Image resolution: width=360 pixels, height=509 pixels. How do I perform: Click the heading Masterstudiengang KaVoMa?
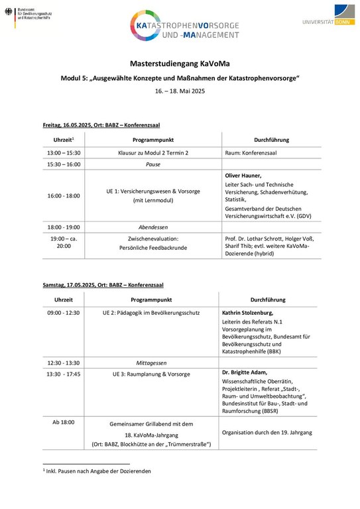coord(180,64)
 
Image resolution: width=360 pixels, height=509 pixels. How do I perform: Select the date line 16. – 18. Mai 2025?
coord(180,91)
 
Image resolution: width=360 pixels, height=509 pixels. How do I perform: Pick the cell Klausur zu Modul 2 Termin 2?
coord(152,152)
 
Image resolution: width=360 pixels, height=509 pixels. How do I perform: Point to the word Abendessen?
coord(152,227)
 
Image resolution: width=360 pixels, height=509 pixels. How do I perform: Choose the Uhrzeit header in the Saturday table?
coord(64,300)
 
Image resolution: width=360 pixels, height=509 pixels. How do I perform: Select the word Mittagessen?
coord(152,363)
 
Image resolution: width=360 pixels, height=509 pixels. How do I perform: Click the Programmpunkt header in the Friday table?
coord(152,140)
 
